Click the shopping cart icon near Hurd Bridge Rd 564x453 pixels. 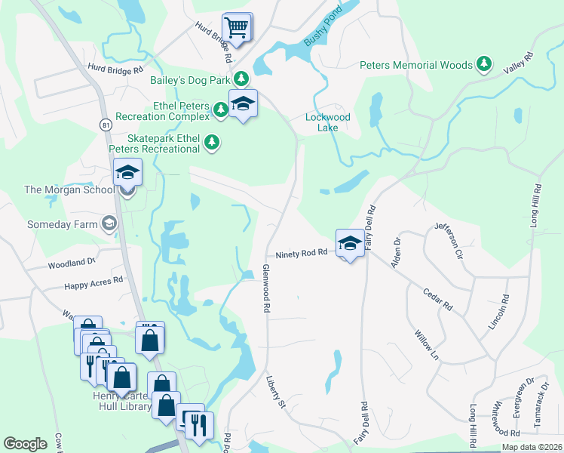237,28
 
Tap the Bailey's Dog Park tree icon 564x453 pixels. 241,77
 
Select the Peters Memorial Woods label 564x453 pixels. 415,66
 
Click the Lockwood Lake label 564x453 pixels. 328,122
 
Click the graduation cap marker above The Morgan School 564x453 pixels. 128,173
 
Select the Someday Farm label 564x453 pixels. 63,225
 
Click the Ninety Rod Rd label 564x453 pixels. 301,254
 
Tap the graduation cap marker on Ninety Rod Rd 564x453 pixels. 349,243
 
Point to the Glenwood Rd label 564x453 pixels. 266,288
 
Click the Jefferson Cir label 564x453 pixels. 449,239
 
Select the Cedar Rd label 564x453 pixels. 437,300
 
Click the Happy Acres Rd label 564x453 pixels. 93,283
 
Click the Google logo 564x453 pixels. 25,444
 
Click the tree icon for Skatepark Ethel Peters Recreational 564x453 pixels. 213,141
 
